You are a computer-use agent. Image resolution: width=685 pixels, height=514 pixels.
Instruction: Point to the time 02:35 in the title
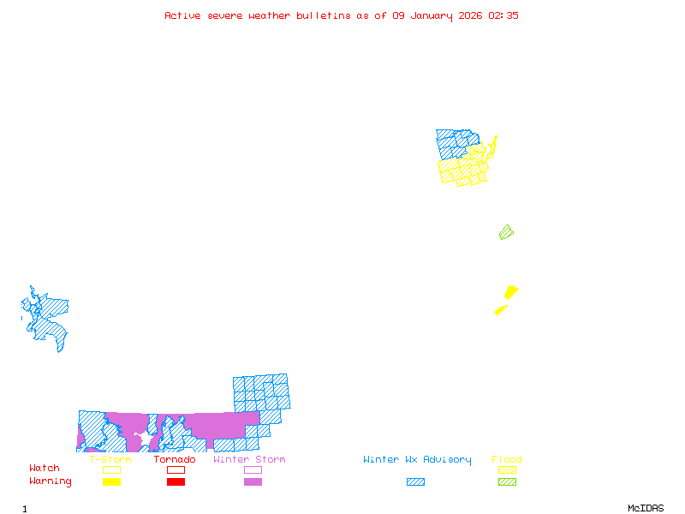[503, 15]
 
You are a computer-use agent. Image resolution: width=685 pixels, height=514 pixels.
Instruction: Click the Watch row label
[45, 469]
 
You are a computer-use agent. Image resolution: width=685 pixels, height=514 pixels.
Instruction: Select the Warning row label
[51, 481]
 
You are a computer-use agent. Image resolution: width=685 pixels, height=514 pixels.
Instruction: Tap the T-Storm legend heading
[110, 460]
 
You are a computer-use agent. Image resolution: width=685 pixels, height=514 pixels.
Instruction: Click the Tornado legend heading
[175, 460]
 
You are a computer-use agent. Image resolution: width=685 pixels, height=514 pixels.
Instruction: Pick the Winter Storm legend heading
[249, 460]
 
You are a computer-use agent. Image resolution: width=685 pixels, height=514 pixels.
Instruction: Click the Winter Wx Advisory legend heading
[417, 460]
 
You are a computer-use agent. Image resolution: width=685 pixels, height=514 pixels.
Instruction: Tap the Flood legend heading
[507, 460]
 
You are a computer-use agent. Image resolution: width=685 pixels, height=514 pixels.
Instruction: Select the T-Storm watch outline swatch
[111, 469]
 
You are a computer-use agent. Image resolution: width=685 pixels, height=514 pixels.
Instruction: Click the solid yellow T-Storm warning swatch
[111, 481]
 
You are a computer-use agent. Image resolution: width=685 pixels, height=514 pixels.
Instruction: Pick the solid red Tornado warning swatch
[176, 481]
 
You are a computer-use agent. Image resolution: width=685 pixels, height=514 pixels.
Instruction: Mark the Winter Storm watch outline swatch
[253, 469]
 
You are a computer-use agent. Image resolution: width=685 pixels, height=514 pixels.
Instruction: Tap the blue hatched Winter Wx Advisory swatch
[415, 481]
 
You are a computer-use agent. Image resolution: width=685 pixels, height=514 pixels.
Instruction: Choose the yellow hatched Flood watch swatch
[507, 469]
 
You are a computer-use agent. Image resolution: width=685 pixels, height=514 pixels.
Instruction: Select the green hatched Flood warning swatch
[507, 481]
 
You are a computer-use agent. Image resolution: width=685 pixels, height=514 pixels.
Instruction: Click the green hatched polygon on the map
[506, 232]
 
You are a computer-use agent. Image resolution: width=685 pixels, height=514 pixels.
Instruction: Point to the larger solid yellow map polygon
[511, 292]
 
